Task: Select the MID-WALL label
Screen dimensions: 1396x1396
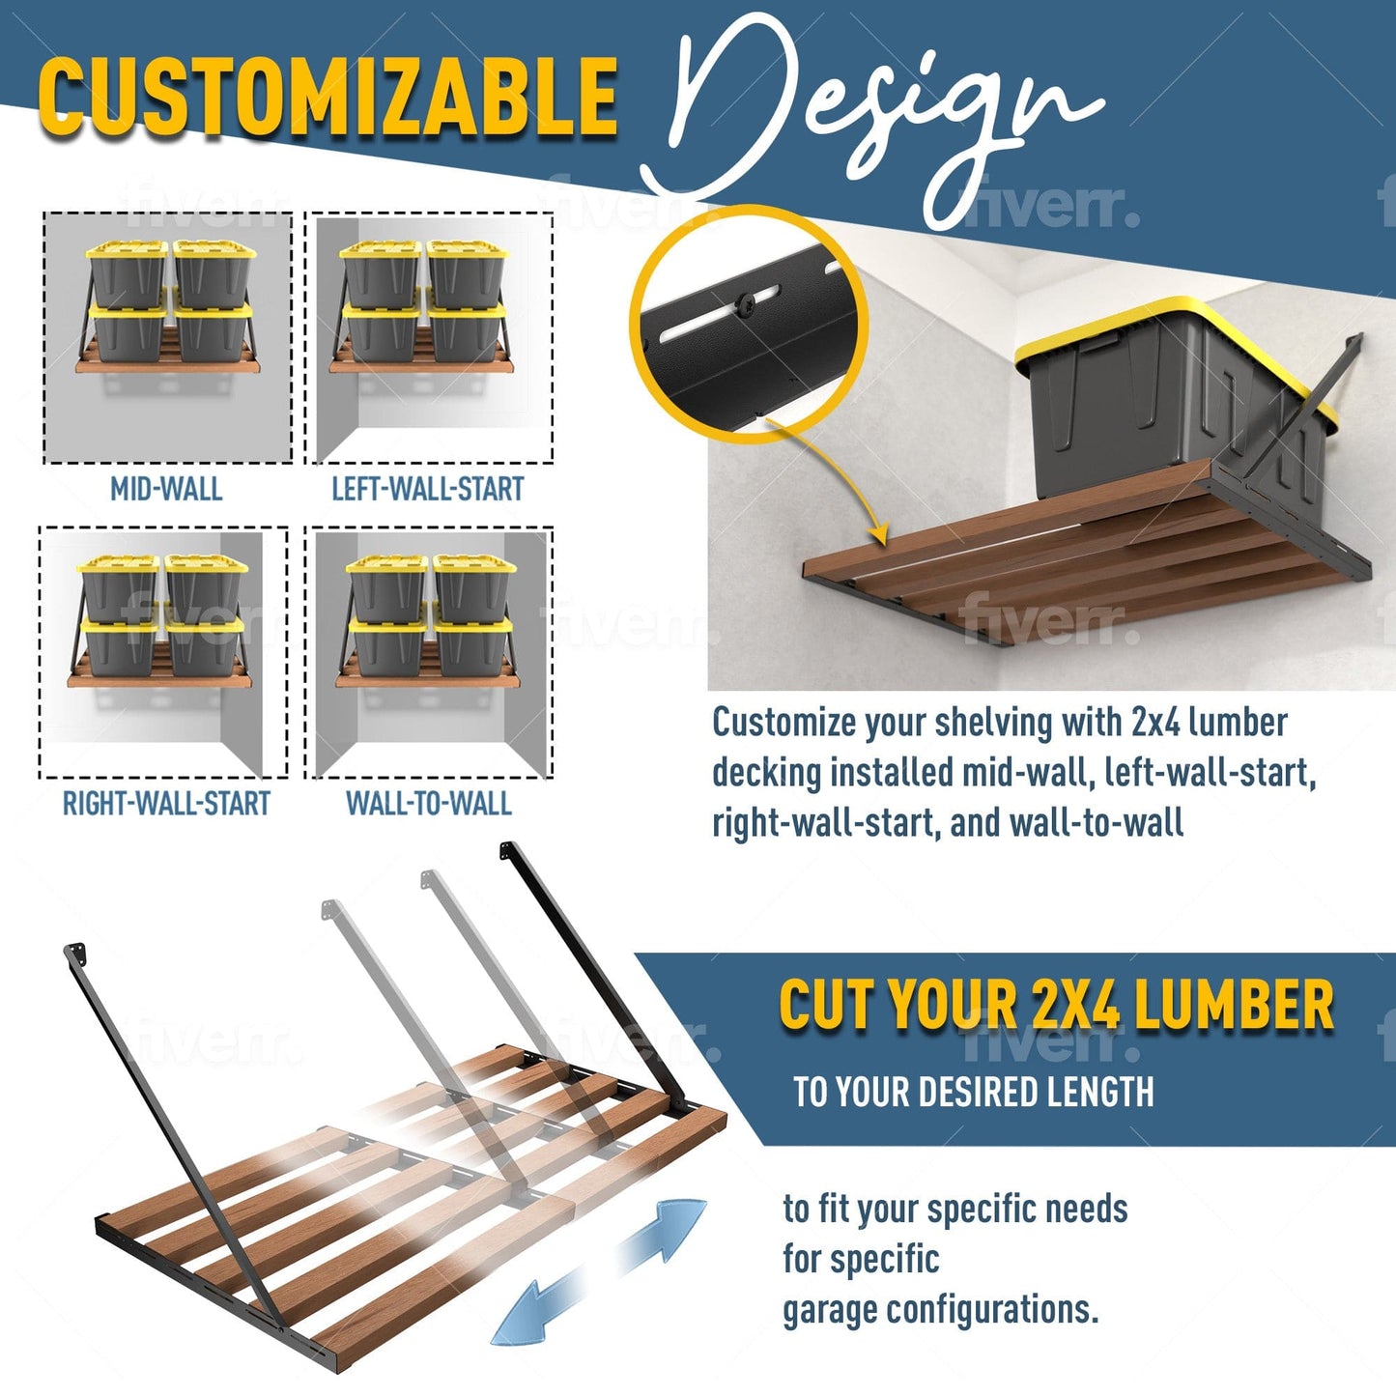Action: coord(166,489)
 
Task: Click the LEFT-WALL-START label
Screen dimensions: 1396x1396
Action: coord(427,489)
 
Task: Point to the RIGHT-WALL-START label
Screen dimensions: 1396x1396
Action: coord(166,804)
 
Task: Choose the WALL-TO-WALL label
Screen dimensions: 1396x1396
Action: coord(428,804)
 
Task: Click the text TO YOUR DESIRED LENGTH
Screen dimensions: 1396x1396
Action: coord(973,1092)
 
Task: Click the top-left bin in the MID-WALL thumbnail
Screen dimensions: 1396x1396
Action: coord(127,274)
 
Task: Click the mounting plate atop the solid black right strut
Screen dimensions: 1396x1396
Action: coord(508,852)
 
